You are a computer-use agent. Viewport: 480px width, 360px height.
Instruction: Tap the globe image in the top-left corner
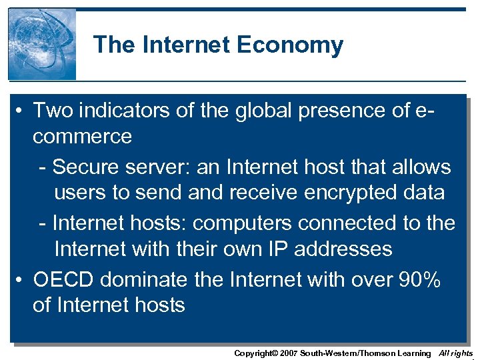(42, 44)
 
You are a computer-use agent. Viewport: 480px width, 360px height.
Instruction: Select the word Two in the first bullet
(52, 111)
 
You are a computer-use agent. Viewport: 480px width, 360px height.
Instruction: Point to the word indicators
(122, 111)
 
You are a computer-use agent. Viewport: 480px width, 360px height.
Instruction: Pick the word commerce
(82, 137)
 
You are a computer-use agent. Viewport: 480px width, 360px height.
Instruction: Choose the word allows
(418, 167)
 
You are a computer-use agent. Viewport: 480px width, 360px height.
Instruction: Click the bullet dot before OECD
(21, 280)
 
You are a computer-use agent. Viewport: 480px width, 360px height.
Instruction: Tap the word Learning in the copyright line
(414, 353)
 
